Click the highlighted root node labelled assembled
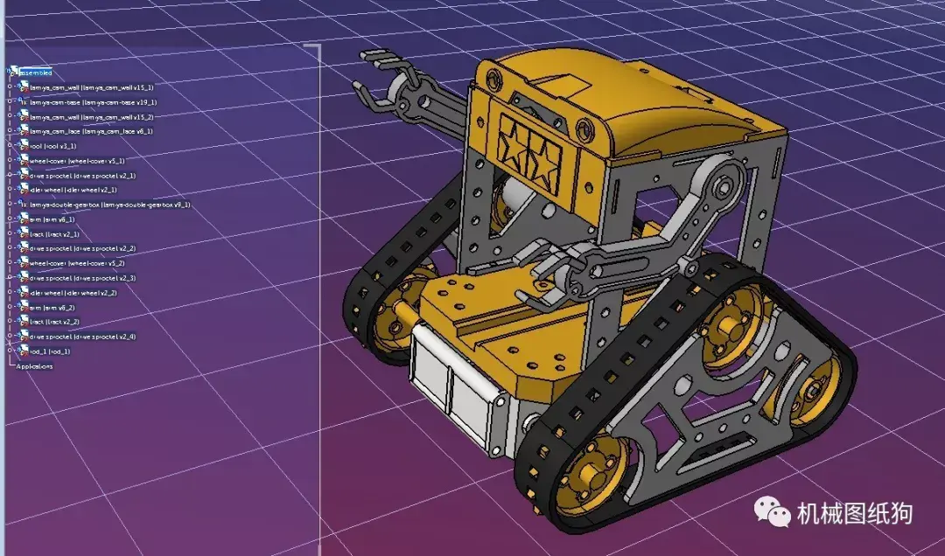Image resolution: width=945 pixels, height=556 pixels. coord(36,73)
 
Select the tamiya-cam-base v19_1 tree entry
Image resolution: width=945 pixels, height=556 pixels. coord(92,102)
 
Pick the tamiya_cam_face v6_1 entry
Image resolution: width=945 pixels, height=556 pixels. coord(91,131)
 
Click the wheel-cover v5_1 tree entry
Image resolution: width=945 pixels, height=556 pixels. coord(77,161)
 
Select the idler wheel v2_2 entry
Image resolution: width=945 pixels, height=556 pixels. coord(73,293)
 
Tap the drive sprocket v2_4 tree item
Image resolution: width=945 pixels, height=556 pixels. coord(82,337)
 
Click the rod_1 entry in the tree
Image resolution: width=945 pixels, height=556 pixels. coord(49,351)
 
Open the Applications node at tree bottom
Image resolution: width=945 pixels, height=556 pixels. coord(35,366)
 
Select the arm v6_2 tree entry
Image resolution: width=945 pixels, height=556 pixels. coord(52,308)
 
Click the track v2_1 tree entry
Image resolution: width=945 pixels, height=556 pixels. coord(54,234)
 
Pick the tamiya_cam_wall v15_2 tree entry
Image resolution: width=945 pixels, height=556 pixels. coord(91,117)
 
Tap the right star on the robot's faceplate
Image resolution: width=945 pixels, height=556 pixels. coord(546,157)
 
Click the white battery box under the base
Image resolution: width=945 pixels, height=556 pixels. coord(446,385)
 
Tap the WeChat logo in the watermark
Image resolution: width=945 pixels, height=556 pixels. coord(773,511)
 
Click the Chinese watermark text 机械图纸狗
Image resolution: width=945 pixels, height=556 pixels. coord(854,514)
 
